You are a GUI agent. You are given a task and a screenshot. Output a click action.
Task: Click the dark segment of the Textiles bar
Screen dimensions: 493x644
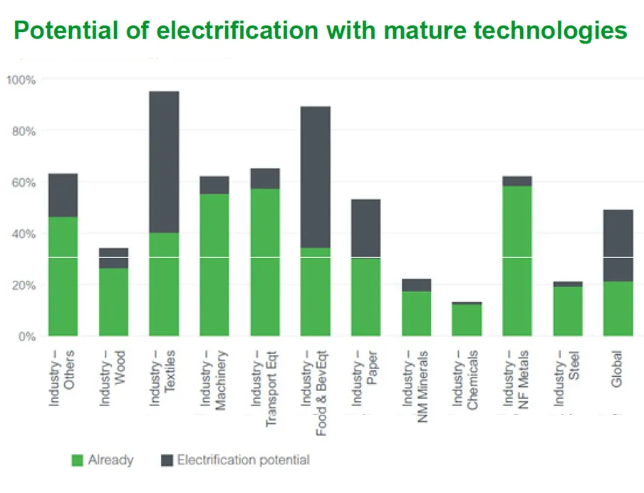coord(164,162)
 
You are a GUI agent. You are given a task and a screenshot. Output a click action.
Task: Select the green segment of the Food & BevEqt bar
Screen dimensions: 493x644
coord(315,291)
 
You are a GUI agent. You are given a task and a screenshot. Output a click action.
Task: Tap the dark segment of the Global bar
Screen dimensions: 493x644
coord(618,245)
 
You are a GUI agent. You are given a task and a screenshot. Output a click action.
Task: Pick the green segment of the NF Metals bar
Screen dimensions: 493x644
coord(516,261)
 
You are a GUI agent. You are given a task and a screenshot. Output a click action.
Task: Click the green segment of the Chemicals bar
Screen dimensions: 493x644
coord(467,320)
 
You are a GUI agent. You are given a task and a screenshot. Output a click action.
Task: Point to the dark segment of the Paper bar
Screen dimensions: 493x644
coord(365,228)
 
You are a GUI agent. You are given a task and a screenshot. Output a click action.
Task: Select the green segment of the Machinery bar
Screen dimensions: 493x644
coord(214,264)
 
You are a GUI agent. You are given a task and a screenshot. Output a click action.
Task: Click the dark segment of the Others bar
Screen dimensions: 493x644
coord(63,195)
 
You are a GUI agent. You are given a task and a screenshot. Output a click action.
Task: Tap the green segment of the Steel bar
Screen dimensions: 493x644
coord(568,311)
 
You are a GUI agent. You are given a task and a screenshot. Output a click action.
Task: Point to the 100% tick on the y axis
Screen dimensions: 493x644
coord(21,80)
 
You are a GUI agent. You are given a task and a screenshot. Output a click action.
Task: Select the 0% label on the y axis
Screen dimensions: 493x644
coord(26,336)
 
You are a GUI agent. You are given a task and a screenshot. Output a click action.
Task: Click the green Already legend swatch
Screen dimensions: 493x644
coord(78,460)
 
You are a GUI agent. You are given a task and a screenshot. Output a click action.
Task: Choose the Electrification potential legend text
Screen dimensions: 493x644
coord(243,460)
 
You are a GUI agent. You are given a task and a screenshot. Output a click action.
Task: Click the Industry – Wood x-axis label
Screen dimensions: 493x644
coord(113,378)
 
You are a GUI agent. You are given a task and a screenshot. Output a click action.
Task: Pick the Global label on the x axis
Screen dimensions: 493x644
coord(617,368)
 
